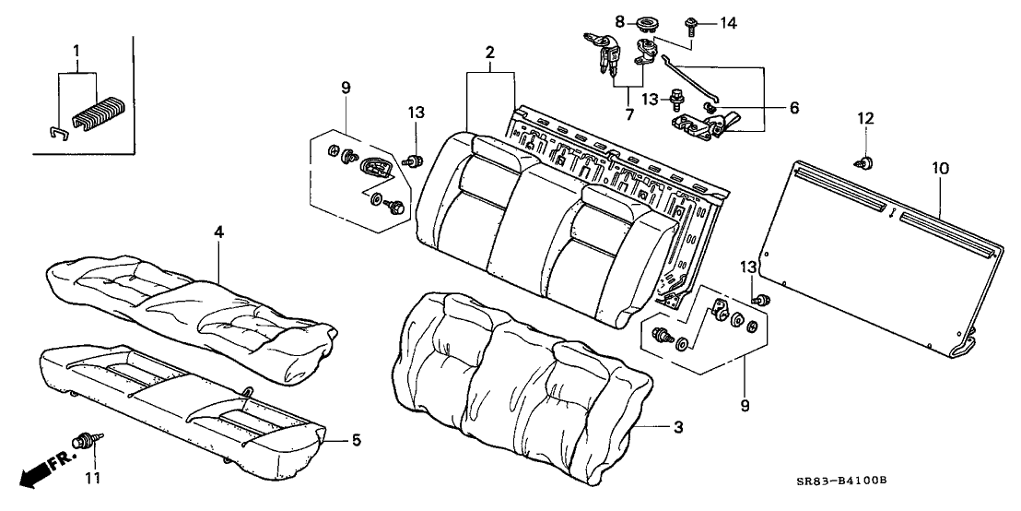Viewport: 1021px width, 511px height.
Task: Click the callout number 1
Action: click(77, 48)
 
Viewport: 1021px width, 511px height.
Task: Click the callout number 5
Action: click(356, 440)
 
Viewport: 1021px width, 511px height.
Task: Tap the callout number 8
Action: click(620, 19)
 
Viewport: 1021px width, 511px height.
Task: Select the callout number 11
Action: click(90, 478)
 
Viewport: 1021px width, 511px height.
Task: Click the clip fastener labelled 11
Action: click(89, 441)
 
